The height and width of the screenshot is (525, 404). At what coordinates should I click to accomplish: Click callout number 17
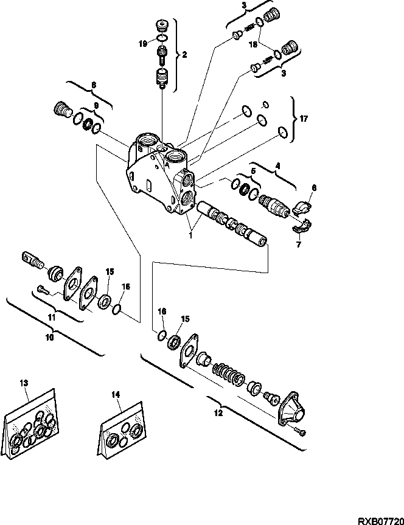(304, 120)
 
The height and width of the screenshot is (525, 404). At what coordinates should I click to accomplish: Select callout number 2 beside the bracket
(184, 54)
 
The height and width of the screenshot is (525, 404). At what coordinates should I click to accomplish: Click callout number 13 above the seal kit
(24, 383)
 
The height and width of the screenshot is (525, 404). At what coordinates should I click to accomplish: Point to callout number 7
(299, 245)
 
